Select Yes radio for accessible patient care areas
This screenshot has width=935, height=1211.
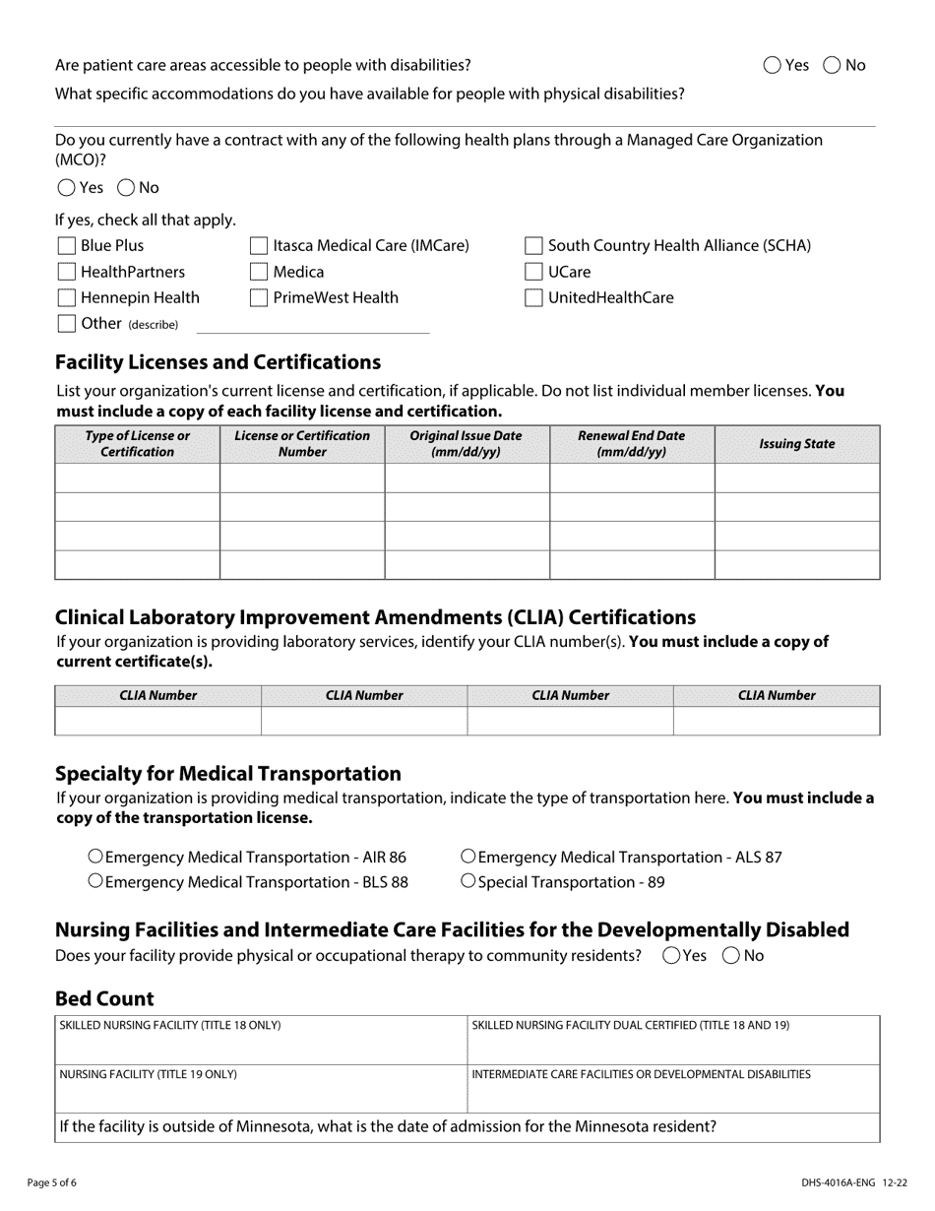point(773,65)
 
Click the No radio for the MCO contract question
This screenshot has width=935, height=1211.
point(126,187)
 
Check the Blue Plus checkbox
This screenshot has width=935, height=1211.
point(67,245)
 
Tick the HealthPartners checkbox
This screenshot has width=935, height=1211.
point(67,272)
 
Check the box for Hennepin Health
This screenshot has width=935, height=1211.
point(67,297)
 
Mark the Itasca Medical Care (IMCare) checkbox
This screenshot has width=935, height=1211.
point(259,245)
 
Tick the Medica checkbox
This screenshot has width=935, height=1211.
point(259,272)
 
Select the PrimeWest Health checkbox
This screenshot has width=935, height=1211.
point(259,297)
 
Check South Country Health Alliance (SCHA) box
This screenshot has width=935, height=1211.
point(533,245)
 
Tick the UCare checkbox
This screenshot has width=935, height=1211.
point(533,272)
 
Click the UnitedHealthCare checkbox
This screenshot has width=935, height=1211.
point(533,297)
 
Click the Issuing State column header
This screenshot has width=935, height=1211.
point(796,444)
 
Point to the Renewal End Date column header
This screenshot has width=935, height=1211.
point(631,444)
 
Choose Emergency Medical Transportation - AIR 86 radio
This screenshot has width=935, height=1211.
point(95,857)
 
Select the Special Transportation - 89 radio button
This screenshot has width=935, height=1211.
point(468,881)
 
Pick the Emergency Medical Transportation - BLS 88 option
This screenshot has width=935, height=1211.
point(95,881)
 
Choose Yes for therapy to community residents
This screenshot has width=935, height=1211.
point(672,955)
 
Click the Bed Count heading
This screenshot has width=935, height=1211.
point(104,998)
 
